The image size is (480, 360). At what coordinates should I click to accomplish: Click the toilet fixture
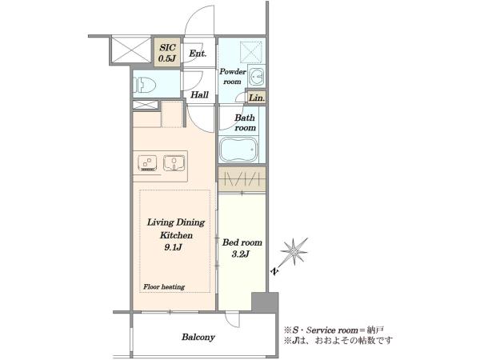[145, 84]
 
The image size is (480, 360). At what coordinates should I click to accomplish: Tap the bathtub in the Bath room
[238, 149]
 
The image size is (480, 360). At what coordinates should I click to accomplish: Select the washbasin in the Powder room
[257, 76]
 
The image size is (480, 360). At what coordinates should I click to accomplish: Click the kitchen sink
[174, 163]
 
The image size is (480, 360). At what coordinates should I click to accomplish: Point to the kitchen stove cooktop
[147, 163]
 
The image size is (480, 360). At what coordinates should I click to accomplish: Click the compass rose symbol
[294, 252]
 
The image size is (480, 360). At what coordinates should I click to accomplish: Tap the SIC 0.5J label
[167, 52]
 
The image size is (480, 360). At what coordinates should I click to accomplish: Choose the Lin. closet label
[257, 98]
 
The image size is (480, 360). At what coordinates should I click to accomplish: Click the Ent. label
[198, 54]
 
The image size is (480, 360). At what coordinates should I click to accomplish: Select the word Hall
[199, 94]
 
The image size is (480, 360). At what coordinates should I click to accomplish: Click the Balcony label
[198, 337]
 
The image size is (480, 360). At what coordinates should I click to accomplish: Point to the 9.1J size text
[174, 247]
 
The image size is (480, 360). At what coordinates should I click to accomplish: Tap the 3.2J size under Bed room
[241, 254]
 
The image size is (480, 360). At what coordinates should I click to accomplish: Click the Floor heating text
[164, 287]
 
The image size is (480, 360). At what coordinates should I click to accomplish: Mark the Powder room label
[233, 77]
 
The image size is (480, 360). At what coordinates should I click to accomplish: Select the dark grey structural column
[265, 302]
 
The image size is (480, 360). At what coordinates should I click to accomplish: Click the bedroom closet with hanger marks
[242, 180]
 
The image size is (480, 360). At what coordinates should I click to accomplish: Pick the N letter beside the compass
[275, 271]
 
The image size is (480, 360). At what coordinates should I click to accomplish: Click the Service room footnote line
[334, 330]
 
